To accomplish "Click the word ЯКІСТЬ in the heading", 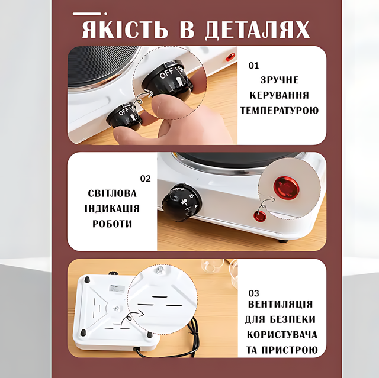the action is point(125,30).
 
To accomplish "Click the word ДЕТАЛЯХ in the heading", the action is point(258,30).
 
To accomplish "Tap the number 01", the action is point(253,66).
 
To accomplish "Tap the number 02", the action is point(145,179).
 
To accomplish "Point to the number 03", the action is point(253,293).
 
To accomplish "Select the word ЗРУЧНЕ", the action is point(280,80).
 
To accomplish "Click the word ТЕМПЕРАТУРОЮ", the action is point(279,111).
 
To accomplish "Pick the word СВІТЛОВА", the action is point(112,193).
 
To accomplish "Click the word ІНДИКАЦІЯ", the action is point(112,209).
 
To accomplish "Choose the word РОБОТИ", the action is point(112,224).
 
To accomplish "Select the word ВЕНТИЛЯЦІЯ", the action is point(280,304).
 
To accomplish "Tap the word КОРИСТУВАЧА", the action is point(282,335).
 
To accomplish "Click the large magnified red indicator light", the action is point(287,188).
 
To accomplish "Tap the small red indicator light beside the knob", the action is point(260,216).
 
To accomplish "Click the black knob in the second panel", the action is point(181,202).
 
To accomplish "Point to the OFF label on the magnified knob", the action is point(166,73).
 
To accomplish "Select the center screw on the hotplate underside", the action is point(117,308).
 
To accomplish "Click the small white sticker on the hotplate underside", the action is point(116,289).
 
